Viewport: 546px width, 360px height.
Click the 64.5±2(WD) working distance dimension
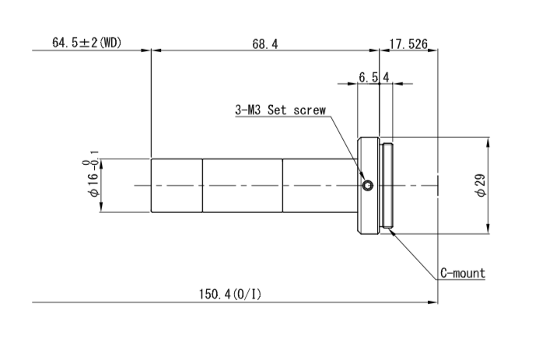pos(86,43)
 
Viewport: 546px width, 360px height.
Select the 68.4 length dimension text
pos(265,44)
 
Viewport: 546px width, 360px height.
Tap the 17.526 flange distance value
pos(408,44)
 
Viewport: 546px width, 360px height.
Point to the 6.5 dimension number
pos(368,77)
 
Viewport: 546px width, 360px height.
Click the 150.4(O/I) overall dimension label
pos(229,294)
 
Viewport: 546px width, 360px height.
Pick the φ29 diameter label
pos(481,185)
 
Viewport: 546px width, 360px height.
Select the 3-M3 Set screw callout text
pos(280,110)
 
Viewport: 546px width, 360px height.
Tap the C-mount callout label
pos(463,273)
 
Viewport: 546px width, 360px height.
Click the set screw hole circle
pos(368,185)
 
